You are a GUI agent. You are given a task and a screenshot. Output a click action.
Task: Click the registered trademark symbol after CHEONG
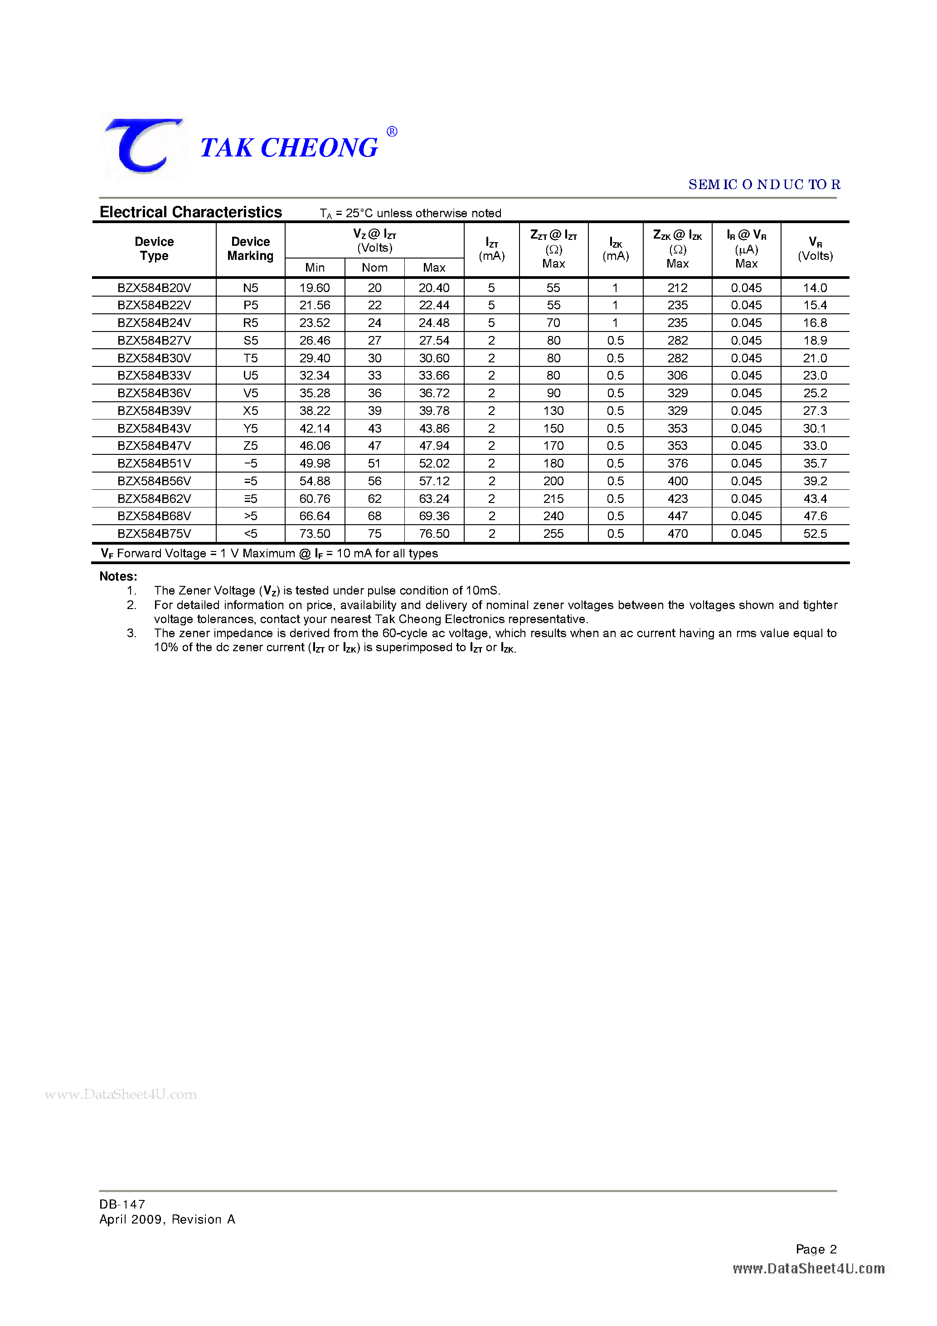tap(391, 132)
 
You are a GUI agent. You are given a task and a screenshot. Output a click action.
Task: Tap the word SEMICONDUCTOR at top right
tap(764, 184)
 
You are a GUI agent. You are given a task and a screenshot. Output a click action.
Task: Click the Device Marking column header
tap(250, 249)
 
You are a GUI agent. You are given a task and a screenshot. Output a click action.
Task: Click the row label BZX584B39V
tap(154, 410)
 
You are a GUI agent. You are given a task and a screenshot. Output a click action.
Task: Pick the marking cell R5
tap(250, 323)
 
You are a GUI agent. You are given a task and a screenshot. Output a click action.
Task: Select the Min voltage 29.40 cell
tap(315, 358)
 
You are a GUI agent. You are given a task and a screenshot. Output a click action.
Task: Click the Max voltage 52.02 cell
tap(434, 463)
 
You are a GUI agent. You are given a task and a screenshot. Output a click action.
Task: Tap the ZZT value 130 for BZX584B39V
tap(553, 410)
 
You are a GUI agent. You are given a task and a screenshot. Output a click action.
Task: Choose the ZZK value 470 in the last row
tap(677, 534)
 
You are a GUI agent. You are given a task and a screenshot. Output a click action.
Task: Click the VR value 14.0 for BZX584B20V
tap(815, 288)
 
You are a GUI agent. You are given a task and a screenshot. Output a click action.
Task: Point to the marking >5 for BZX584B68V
tap(250, 516)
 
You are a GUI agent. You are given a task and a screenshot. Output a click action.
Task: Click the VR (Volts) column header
tap(815, 249)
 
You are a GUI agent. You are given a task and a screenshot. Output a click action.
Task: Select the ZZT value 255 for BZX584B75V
tap(553, 534)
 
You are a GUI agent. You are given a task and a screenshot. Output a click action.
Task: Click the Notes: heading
tap(118, 576)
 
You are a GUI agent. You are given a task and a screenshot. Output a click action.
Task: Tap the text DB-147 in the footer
tap(122, 1204)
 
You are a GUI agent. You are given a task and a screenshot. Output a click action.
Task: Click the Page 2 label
tap(816, 1249)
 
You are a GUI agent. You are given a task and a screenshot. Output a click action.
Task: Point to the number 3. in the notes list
tap(131, 633)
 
